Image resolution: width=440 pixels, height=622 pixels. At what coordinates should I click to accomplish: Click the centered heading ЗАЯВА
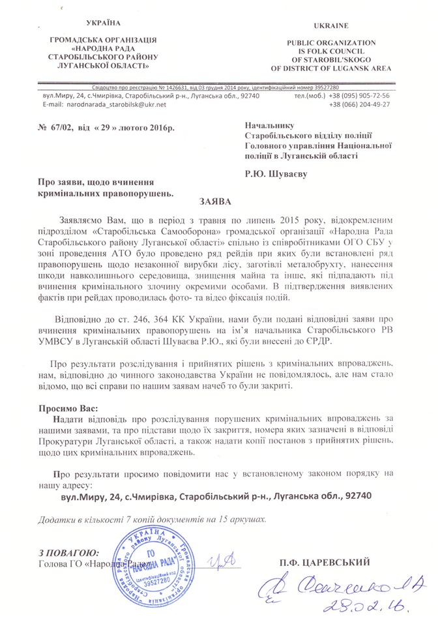(220, 201)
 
